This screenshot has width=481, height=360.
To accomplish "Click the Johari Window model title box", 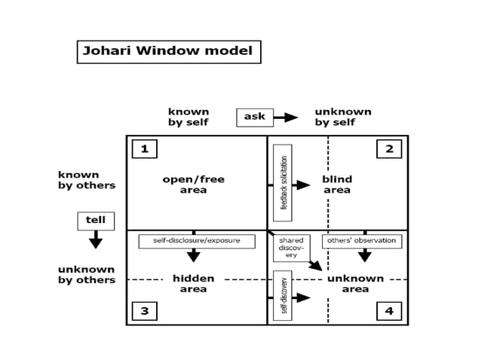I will click(x=169, y=52).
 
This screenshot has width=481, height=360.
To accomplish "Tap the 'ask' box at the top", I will click(x=255, y=117).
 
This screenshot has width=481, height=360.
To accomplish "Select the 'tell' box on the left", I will click(x=96, y=221).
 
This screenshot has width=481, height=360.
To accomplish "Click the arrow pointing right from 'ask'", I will click(x=286, y=117).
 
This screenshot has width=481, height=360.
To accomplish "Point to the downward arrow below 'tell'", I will click(x=96, y=239).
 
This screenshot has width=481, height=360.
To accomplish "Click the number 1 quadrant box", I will click(x=144, y=149).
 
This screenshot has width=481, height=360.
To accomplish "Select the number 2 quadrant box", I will click(x=389, y=149).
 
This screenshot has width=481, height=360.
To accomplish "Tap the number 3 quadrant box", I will click(x=144, y=310).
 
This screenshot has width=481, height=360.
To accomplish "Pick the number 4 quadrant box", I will click(x=389, y=310).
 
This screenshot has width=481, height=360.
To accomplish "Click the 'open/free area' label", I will click(x=194, y=185).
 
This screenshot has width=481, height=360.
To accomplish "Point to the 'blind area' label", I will click(x=337, y=185).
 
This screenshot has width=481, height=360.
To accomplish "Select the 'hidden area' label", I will click(x=194, y=283).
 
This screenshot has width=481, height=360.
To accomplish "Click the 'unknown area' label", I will click(x=355, y=283).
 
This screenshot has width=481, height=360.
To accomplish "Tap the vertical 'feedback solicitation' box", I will click(x=283, y=183).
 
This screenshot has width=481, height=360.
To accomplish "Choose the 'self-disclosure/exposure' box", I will click(x=197, y=241).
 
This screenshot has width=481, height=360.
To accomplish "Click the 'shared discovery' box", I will click(x=291, y=248).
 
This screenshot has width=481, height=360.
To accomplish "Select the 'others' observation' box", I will click(x=362, y=241).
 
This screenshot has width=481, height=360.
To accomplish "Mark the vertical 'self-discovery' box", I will click(x=283, y=295).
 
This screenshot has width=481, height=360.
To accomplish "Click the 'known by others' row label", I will click(x=87, y=180).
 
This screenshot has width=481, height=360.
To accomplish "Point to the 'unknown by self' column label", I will click(x=343, y=117).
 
